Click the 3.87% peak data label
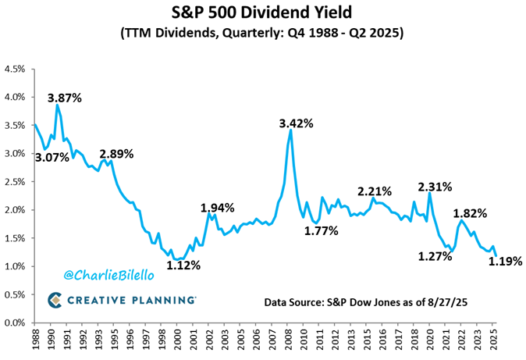click(64, 98)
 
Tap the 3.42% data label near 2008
click(297, 123)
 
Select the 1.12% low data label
click(184, 266)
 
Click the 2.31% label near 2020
click(435, 187)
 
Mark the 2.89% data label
click(118, 153)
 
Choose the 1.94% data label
click(217, 208)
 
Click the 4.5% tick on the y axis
click(16, 69)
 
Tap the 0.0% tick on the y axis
click(16, 323)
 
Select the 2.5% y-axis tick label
click(16, 182)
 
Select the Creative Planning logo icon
click(55, 300)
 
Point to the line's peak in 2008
click(291, 130)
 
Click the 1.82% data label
click(471, 212)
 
